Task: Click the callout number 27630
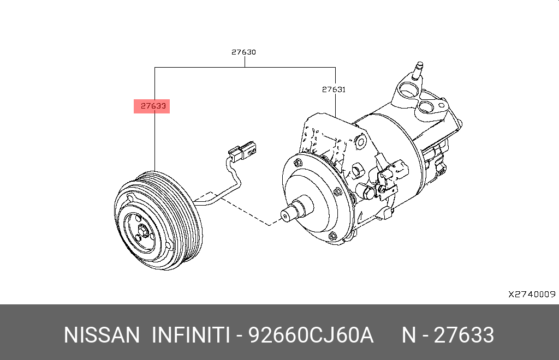click(243, 52)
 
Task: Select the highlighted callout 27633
click(153, 106)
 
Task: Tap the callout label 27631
click(334, 89)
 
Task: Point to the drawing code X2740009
click(532, 294)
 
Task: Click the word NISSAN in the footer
click(102, 335)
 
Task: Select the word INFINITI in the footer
click(191, 335)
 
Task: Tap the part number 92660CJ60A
click(311, 335)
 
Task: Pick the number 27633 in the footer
click(464, 335)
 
